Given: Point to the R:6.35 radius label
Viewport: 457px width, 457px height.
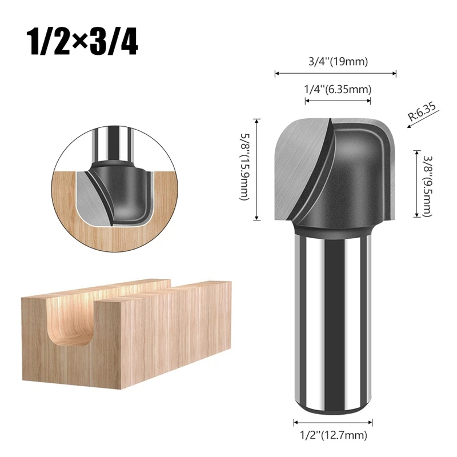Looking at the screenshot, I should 422,111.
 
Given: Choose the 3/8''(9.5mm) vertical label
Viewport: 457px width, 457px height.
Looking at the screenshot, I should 427,182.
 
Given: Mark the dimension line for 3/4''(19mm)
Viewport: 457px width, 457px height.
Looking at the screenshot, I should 336,73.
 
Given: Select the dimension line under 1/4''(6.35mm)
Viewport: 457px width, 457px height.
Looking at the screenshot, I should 338,101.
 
